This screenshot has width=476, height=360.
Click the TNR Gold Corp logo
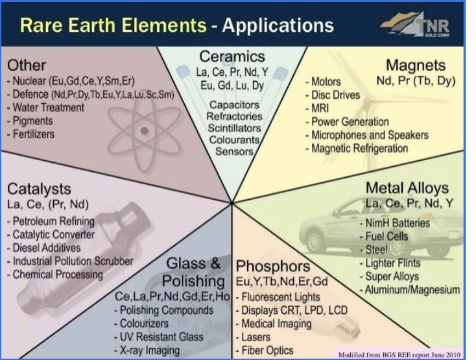[x=416, y=24]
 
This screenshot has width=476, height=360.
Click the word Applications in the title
[x=278, y=25]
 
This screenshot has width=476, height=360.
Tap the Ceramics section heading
[x=232, y=57]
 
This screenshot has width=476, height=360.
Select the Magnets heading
[x=416, y=66]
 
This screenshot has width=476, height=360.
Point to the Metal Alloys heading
[x=407, y=188]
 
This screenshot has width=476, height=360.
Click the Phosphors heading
[x=273, y=266]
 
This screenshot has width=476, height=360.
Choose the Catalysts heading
[x=39, y=189]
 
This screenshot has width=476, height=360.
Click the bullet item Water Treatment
[x=45, y=108]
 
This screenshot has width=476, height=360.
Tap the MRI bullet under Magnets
[x=317, y=108]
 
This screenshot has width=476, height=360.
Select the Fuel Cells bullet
[x=384, y=237]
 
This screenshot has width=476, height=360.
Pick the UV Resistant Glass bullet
[x=159, y=337]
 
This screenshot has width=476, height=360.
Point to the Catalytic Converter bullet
[x=51, y=234]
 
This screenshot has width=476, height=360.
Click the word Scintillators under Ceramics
[x=234, y=128]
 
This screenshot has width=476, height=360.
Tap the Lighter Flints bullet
[x=390, y=263]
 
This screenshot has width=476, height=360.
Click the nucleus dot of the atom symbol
[x=144, y=130]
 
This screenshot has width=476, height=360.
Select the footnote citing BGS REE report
[x=399, y=355]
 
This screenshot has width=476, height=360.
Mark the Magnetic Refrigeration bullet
[x=357, y=149]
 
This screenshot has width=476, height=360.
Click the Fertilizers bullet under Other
[x=31, y=134]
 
